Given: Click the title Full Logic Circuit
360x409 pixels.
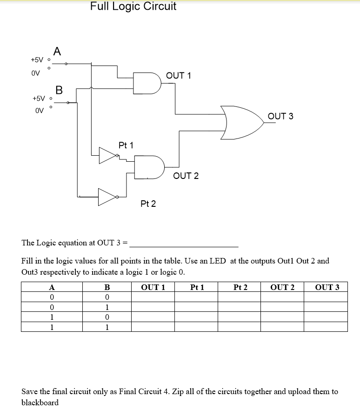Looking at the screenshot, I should [133, 7].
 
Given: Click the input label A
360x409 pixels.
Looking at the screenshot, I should [57, 51].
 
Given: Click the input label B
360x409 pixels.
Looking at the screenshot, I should [59, 90].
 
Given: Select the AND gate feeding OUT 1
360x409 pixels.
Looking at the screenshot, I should [147, 83].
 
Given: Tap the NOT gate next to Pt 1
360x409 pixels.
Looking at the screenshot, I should [107, 156].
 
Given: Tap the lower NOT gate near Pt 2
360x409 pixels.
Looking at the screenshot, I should [107, 197].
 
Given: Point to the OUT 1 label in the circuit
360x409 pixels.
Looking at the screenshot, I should [178, 75].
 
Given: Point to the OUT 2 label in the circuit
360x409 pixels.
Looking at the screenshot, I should [186, 176].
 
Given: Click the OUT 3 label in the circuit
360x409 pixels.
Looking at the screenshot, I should [280, 116].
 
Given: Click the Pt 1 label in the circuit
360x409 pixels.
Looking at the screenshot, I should [126, 145].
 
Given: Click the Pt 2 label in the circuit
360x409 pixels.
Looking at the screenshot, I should [148, 204].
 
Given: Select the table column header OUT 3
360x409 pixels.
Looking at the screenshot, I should [327, 287].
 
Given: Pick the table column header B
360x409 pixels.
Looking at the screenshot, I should [107, 287].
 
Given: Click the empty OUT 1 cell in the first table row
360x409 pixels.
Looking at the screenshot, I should [153, 297].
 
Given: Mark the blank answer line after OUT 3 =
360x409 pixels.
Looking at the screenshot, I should [187, 244].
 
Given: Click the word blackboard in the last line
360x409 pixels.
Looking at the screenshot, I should [40, 402].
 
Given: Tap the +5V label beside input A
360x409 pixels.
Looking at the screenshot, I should [37, 60].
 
